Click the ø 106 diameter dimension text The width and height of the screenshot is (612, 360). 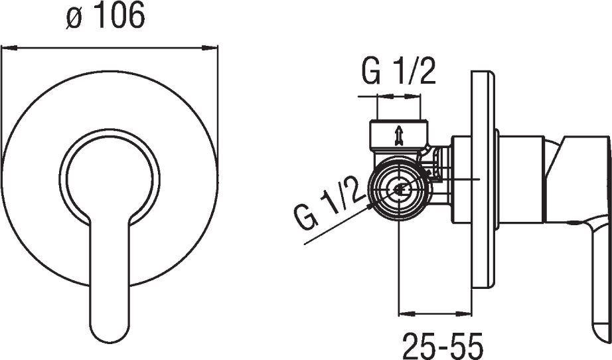105,17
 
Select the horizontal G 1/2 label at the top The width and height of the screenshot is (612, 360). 398,72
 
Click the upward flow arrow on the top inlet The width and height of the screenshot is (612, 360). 398,135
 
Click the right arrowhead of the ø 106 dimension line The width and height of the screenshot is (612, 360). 209,48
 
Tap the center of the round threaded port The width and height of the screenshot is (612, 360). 399,190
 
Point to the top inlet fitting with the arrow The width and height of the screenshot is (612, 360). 398,137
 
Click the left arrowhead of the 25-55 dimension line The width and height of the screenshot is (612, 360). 406,313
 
